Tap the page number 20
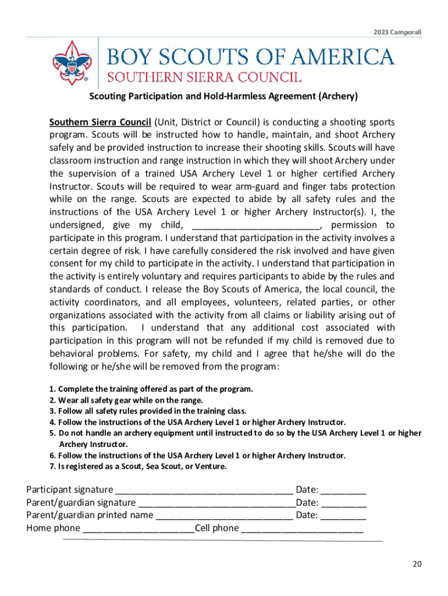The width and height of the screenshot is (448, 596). (x=417, y=564)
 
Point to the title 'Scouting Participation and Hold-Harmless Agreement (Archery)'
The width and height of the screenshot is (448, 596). (x=223, y=97)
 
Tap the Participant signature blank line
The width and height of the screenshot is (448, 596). (x=205, y=490)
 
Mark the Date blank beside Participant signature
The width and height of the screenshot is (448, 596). (x=343, y=490)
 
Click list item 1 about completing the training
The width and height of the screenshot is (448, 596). (x=151, y=389)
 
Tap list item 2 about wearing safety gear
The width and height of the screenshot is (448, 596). (x=126, y=400)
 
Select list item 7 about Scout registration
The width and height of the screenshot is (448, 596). (x=138, y=466)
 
